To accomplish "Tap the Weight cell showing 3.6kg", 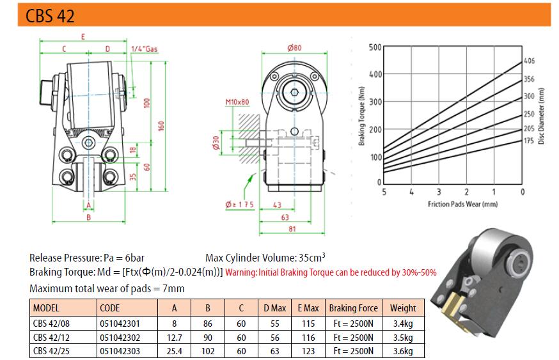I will [403, 351].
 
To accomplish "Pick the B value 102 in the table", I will [208, 351].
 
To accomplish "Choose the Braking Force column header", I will [354, 308].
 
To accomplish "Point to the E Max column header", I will [308, 308].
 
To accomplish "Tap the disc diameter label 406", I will [529, 61].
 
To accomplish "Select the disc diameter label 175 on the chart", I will [528, 140].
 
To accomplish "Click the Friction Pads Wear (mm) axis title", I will [462, 205].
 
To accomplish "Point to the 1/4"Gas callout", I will [144, 49].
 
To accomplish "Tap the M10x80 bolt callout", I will [237, 102].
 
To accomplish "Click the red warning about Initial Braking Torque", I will [331, 272].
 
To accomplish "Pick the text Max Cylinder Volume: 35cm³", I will [265, 258].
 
